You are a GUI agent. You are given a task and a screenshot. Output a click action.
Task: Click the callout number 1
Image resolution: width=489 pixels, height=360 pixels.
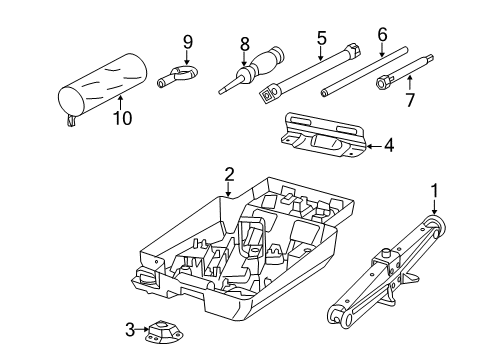[x=434, y=190]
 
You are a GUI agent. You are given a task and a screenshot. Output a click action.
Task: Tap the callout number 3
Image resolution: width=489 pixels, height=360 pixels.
[x=129, y=328]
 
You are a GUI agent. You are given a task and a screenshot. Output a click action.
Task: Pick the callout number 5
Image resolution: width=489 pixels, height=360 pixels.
[x=321, y=38]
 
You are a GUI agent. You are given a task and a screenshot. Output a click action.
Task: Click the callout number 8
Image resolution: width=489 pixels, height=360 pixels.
[x=243, y=44]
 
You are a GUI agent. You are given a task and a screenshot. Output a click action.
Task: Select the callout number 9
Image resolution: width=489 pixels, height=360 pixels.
[x=186, y=41]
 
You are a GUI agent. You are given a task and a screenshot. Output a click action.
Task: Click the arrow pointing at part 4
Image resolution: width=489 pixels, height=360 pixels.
[x=373, y=147]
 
